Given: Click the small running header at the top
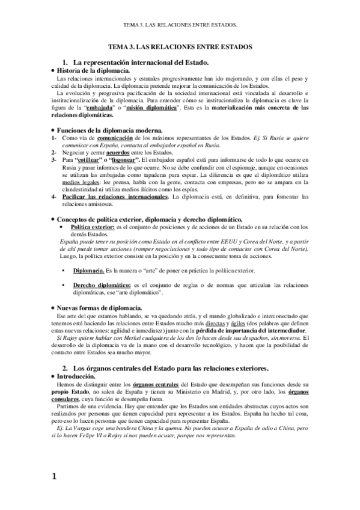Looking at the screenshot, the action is coord(180,26).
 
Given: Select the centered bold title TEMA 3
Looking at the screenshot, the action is coord(180,46).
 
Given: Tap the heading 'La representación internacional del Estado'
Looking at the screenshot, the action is coord(140,62).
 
